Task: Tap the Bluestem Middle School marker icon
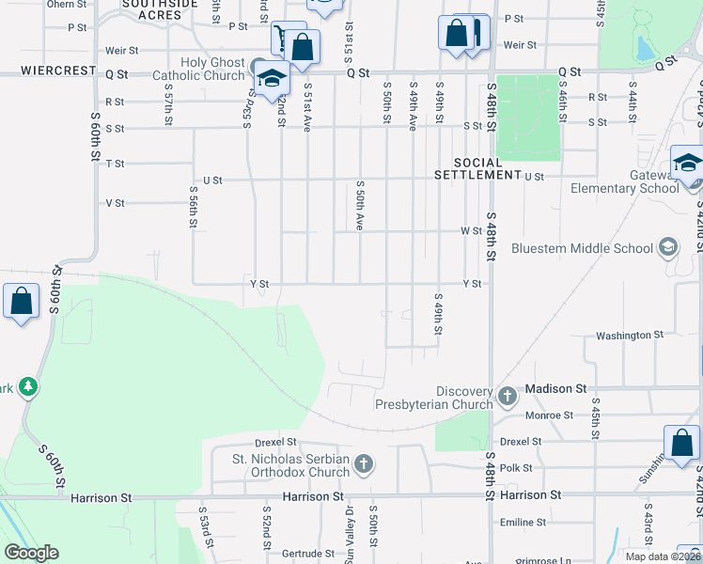click(668, 247)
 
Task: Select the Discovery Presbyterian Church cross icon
click(508, 395)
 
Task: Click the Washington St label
click(630, 336)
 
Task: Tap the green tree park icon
click(28, 386)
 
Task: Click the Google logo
click(31, 553)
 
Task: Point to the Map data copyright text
click(662, 556)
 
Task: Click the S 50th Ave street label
click(359, 206)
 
